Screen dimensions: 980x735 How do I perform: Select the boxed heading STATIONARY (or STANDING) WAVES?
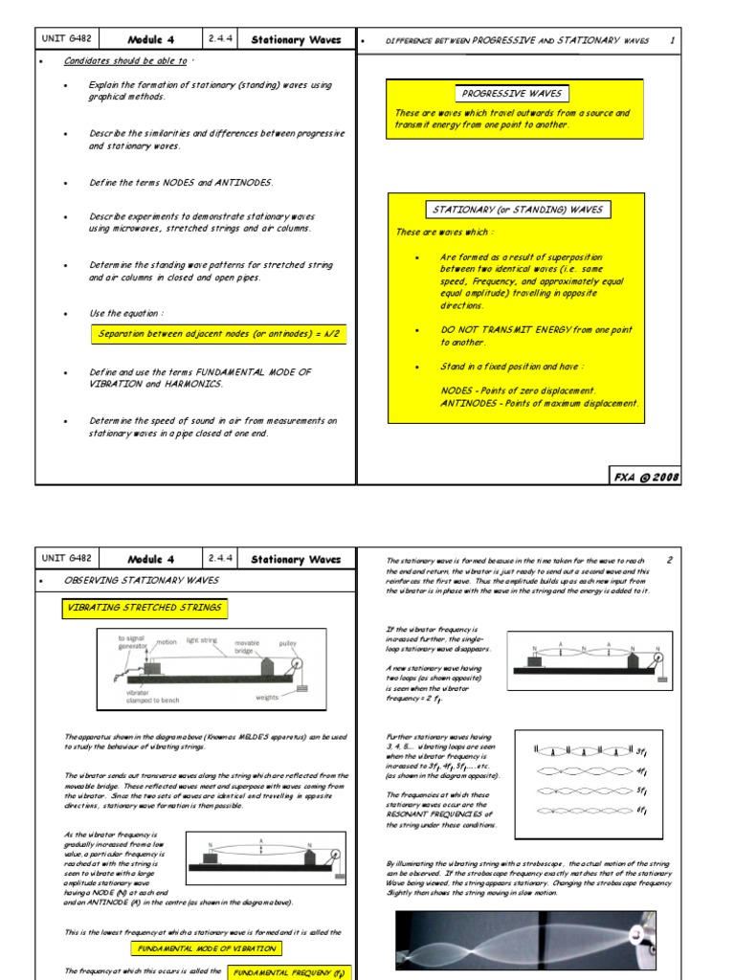518,210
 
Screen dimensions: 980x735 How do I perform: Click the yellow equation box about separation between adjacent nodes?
218,334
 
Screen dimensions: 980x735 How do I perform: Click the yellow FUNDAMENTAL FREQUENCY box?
287,971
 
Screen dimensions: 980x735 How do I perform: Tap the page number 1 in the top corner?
672,40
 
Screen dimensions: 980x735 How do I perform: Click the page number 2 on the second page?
670,560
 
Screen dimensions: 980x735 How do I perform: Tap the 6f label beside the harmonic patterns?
642,811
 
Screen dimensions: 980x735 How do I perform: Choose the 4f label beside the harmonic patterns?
642,770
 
